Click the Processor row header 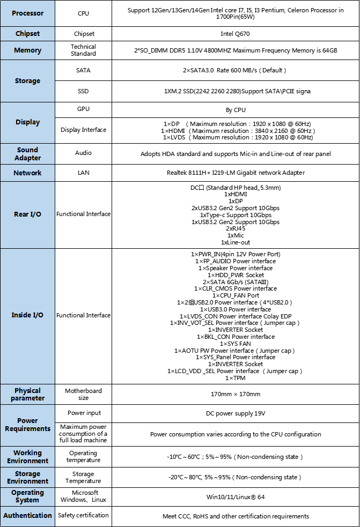pos(27,13)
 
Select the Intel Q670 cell pos(236,33)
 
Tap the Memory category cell pos(27,50)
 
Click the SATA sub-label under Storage pos(83,70)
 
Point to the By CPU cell pos(236,110)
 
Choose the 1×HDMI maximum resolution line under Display pos(238,130)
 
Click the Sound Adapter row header pos(27,154)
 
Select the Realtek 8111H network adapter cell pos(236,173)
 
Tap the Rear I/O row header pos(27,214)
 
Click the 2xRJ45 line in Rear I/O pos(236,228)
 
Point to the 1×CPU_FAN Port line pos(236,295)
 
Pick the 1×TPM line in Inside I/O pos(236,378)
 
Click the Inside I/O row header pos(27,315)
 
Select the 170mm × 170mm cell pos(236,394)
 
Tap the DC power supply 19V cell pos(236,413)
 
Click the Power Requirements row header pos(27,425)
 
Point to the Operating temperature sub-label pos(83,456)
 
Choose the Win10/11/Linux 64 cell pos(236,497)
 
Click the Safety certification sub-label pos(83,515)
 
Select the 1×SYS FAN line pos(236,344)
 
